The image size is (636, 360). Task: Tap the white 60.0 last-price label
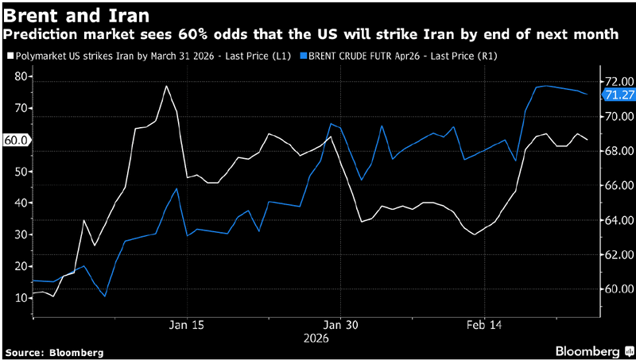[x=17, y=140]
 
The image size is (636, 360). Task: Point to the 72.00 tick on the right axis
[x=619, y=81]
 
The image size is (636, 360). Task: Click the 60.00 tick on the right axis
[x=619, y=289]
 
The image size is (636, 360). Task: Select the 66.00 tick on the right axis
[x=619, y=185]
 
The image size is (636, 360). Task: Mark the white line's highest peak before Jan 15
[x=166, y=86]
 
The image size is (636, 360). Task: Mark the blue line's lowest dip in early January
[x=104, y=296]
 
